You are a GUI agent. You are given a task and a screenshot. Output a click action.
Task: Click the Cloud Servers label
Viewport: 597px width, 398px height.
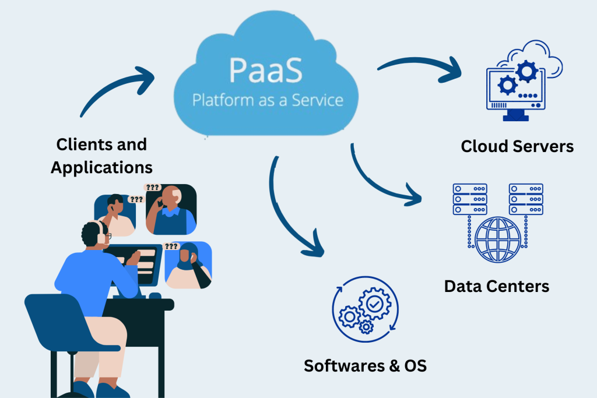click(517, 146)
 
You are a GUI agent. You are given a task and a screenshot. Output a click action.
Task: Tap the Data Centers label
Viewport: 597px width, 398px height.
click(496, 286)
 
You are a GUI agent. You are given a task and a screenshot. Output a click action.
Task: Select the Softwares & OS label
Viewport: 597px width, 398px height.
click(365, 366)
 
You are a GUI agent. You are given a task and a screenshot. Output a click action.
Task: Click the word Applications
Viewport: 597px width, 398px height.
click(101, 168)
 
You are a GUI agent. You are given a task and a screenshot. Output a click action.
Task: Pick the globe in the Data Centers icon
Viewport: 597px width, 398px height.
click(497, 239)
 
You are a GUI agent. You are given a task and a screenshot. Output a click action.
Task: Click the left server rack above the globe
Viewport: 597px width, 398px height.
click(470, 199)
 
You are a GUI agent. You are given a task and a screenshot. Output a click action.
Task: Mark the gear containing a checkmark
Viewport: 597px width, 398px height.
click(371, 303)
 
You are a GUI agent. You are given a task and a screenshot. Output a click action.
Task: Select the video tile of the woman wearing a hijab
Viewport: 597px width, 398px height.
click(188, 266)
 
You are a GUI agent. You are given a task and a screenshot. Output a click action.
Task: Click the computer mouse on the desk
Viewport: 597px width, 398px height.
click(154, 295)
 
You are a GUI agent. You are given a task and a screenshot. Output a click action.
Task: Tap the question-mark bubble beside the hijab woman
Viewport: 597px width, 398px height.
click(171, 246)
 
